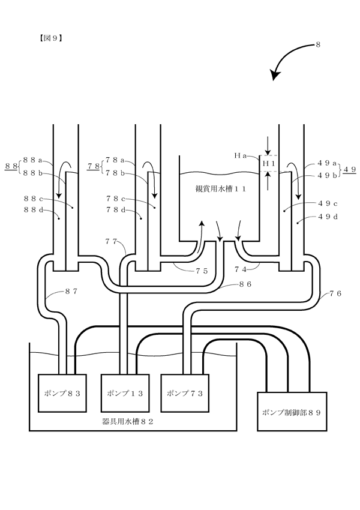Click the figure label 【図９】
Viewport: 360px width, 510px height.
(x=49, y=38)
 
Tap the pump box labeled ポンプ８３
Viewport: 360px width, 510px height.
(x=62, y=393)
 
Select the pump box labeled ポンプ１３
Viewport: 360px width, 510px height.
(x=125, y=393)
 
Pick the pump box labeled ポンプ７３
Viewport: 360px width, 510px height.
(x=185, y=393)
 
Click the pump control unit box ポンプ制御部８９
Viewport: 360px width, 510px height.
(x=292, y=412)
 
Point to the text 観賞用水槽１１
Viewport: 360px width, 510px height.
(x=220, y=188)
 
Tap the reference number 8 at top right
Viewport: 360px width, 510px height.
(x=318, y=44)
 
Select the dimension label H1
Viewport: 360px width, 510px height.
(x=269, y=164)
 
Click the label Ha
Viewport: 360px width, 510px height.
(x=241, y=155)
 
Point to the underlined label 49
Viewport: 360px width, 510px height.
(x=350, y=169)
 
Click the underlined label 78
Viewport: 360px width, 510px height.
(x=94, y=166)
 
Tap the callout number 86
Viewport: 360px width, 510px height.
(x=245, y=284)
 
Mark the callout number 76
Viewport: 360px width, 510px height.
(x=335, y=293)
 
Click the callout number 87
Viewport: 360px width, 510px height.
(x=71, y=292)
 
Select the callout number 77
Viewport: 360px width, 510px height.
(x=111, y=241)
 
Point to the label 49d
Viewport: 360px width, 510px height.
(x=328, y=217)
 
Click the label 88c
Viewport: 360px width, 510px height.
(x=33, y=198)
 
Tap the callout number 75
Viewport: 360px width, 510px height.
(x=202, y=271)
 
